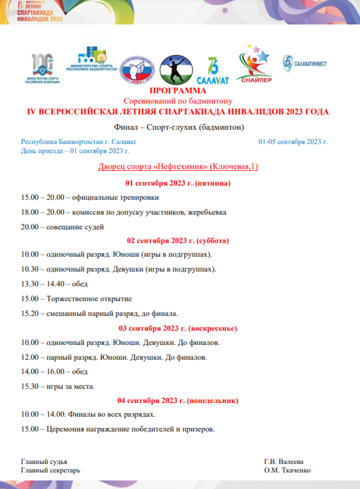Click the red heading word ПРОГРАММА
(178, 91)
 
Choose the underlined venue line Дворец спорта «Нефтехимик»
(178, 167)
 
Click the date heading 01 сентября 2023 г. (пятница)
(178, 183)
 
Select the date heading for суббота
(178, 240)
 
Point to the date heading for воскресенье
(178, 328)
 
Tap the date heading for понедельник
(178, 400)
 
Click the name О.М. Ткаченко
(287, 470)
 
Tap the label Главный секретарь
(51, 470)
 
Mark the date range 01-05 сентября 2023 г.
(293, 142)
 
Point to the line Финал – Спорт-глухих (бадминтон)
(179, 127)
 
